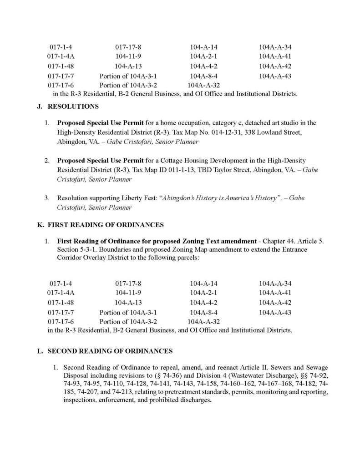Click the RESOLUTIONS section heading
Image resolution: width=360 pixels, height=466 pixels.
point(73,107)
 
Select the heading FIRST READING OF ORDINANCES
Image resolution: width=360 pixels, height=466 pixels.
point(106,225)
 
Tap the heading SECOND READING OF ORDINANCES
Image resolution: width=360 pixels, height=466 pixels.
point(110,351)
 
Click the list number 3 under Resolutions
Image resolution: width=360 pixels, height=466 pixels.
point(47,198)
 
